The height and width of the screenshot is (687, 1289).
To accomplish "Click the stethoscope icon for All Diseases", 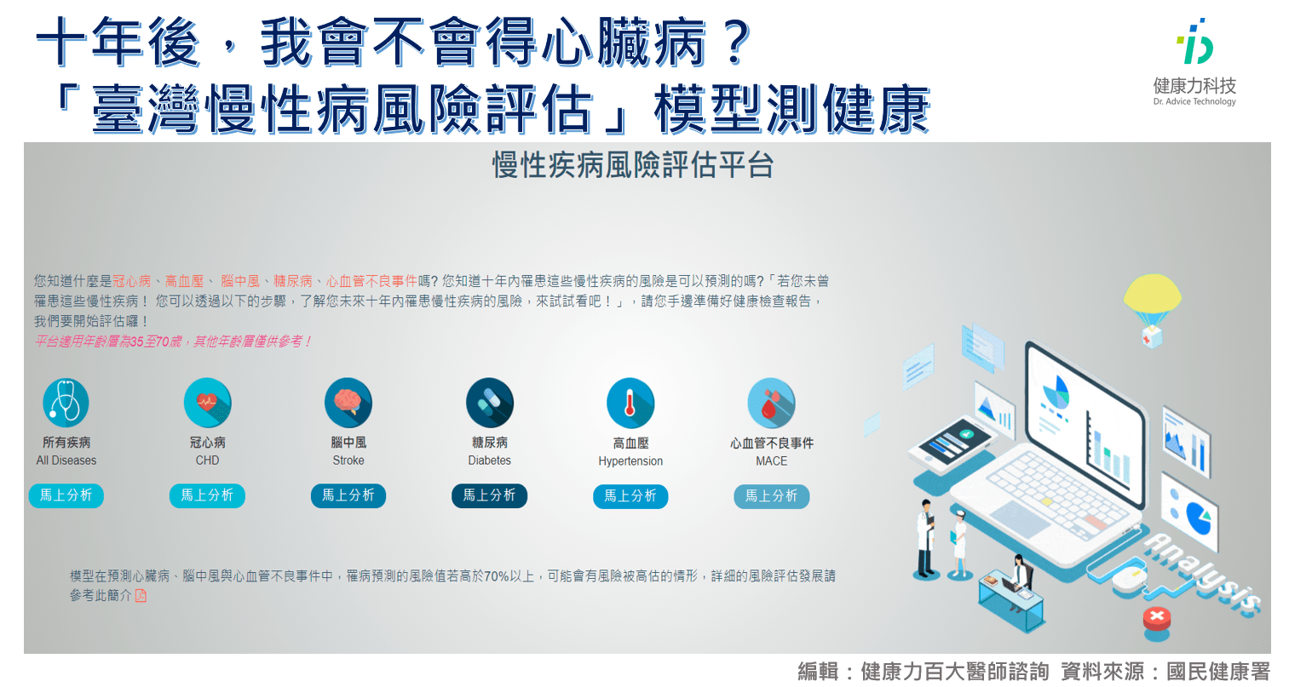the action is (66, 403).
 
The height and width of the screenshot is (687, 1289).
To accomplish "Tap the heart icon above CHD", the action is (207, 403).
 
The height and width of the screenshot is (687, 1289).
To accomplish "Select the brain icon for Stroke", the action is (348, 403).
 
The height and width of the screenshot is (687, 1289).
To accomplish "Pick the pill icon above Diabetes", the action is (489, 403).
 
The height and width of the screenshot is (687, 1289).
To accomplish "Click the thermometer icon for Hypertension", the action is (630, 403).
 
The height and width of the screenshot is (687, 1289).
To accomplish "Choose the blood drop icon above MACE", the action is (771, 403).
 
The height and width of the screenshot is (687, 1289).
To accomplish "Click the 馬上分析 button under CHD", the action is (207, 495).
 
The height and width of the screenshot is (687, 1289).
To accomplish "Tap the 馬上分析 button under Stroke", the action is (348, 495).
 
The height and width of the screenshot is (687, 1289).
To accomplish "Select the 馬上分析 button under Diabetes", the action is (489, 495).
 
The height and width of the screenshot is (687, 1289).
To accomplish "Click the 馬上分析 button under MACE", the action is (771, 496).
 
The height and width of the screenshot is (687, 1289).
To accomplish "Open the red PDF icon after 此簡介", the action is (141, 596).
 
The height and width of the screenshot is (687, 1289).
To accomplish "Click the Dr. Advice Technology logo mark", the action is (1194, 41).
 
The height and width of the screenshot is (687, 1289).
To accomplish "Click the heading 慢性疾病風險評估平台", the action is (633, 165).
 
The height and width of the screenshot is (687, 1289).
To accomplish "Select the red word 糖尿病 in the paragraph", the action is (293, 281).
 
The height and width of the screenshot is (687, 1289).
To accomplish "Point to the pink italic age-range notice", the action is (173, 341).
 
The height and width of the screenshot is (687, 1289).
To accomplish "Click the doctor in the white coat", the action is (925, 537).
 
